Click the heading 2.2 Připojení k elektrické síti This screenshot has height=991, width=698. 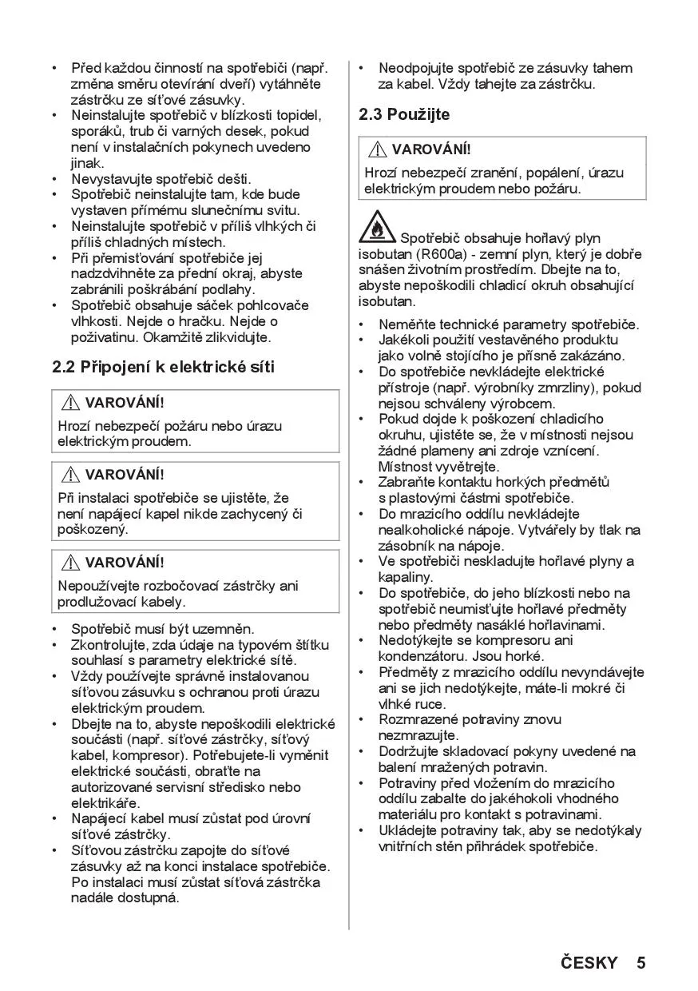point(163,368)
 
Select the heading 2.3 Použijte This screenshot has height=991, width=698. point(404,114)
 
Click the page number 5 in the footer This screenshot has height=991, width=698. point(641,962)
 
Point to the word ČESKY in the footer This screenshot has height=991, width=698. point(589,962)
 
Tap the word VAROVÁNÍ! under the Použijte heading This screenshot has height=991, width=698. point(430,149)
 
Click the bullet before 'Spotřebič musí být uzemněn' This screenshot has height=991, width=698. point(54,630)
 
